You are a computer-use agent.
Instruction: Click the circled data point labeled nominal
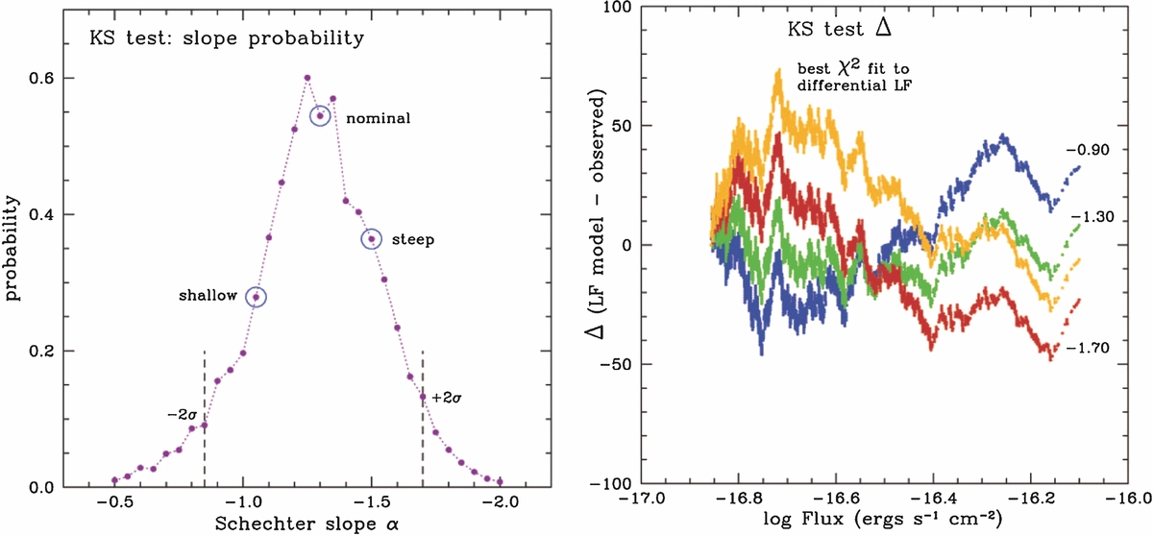[x=320, y=115]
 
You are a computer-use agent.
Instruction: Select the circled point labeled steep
[x=371, y=238]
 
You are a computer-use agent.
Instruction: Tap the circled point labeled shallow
[x=256, y=298]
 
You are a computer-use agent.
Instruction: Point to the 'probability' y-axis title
[x=14, y=248]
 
